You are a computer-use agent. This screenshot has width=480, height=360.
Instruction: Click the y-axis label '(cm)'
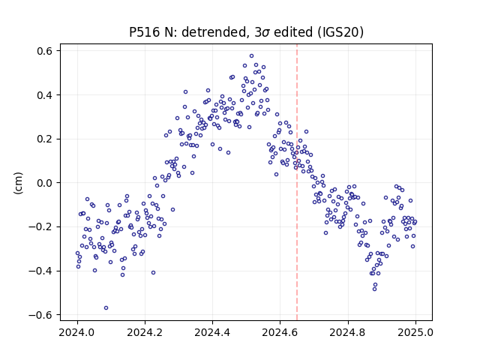18,183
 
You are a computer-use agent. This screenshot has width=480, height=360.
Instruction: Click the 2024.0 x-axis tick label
77,332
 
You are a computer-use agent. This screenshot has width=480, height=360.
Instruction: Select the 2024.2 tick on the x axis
145,332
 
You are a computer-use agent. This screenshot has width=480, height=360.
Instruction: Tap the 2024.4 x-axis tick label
212,332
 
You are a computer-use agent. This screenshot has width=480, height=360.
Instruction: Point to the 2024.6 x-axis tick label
280,332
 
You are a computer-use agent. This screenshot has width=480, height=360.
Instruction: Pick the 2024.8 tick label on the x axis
348,332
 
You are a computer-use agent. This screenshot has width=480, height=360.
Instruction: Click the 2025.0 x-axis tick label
415,332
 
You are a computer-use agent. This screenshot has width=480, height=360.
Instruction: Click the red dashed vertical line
297,182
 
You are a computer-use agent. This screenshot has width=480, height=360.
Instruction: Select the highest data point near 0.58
252,56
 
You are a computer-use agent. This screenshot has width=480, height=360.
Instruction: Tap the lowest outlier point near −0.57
106,308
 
